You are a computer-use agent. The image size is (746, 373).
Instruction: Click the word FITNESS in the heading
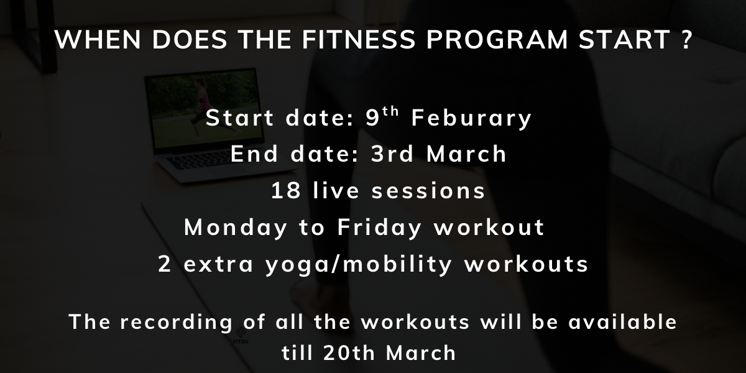click(x=359, y=40)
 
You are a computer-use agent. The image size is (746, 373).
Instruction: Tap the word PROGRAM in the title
click(x=497, y=40)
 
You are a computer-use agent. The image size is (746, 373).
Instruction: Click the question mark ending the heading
click(x=685, y=40)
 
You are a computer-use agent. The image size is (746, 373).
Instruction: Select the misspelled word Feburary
click(x=471, y=118)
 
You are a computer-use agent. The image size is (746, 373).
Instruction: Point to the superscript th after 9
click(x=390, y=111)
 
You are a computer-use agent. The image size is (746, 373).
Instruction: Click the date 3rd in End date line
click(x=392, y=154)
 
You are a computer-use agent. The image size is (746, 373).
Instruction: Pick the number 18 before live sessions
click(x=286, y=190)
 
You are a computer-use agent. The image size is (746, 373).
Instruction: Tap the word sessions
click(x=428, y=191)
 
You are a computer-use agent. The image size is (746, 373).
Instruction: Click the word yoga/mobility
click(x=358, y=264)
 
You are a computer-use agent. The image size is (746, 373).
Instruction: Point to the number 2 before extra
click(x=165, y=264)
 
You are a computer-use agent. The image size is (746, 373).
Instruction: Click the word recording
click(x=176, y=323)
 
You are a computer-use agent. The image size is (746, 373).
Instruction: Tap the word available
click(x=622, y=322)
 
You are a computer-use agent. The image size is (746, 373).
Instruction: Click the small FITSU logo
click(x=241, y=335)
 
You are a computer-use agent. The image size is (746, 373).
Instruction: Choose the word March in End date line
click(x=466, y=154)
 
